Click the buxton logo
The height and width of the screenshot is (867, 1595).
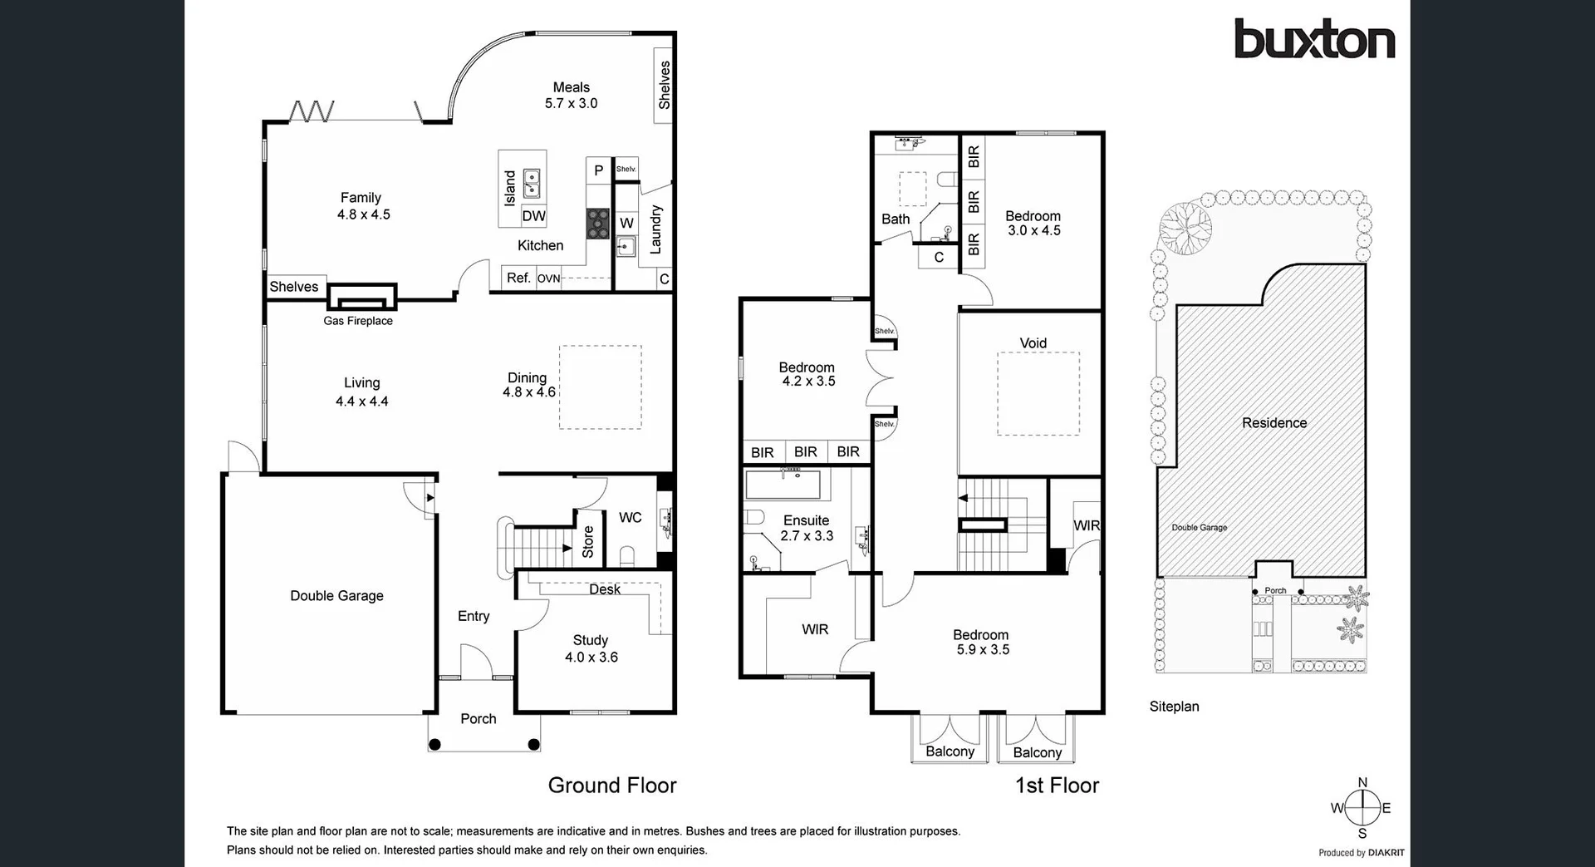[1313, 39]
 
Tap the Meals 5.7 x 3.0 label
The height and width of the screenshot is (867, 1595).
[572, 95]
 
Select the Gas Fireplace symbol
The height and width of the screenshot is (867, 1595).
[361, 297]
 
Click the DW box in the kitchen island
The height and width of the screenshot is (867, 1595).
[533, 216]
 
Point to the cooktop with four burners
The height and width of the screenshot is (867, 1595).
[597, 224]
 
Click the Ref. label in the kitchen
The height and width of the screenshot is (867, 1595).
[518, 278]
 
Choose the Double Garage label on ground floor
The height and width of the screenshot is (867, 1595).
[336, 595]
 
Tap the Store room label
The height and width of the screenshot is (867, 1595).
[588, 541]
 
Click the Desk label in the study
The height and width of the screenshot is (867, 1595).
[604, 589]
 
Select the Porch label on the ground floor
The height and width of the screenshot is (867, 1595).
[478, 718]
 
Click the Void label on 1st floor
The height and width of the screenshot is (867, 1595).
[1033, 342]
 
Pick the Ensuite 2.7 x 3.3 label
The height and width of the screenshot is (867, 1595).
[806, 528]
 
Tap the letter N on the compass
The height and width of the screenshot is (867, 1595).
[1362, 782]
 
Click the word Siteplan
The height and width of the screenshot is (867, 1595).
[1174, 707]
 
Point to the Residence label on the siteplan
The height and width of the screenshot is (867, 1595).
[1274, 422]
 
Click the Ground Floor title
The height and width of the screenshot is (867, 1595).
[612, 785]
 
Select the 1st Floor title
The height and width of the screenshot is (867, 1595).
[1057, 785]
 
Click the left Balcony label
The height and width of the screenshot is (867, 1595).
[950, 751]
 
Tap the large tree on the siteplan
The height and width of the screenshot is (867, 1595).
[1185, 226]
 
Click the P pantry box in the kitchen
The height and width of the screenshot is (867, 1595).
[598, 171]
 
